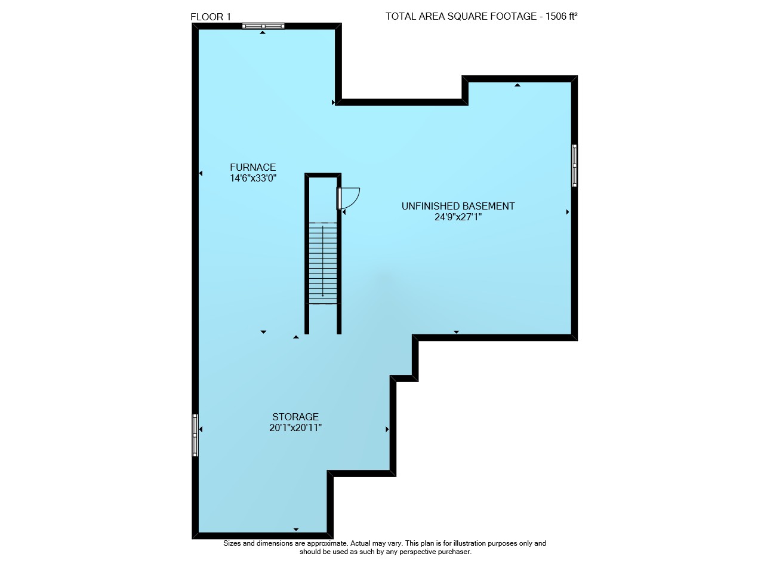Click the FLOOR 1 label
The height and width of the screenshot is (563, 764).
[211, 17]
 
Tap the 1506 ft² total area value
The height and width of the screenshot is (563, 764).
[562, 16]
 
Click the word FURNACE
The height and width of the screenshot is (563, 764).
[252, 167]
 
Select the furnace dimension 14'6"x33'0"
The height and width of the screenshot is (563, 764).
[252, 178]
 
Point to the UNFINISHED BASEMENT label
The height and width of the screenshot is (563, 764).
[458, 206]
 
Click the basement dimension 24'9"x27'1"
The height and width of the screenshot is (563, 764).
[458, 217]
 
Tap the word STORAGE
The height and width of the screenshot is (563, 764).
[295, 417]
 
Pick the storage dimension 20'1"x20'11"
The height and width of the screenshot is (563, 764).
[295, 427]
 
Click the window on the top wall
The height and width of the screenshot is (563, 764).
[263, 26]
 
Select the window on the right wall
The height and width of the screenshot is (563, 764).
[574, 165]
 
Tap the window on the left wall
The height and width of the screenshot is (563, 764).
[195, 435]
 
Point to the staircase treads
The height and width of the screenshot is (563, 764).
[323, 263]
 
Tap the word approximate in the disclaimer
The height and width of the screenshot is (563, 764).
[326, 543]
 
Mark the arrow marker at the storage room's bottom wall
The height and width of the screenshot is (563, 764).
[295, 529]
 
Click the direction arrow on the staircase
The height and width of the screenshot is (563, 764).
[323, 261]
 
